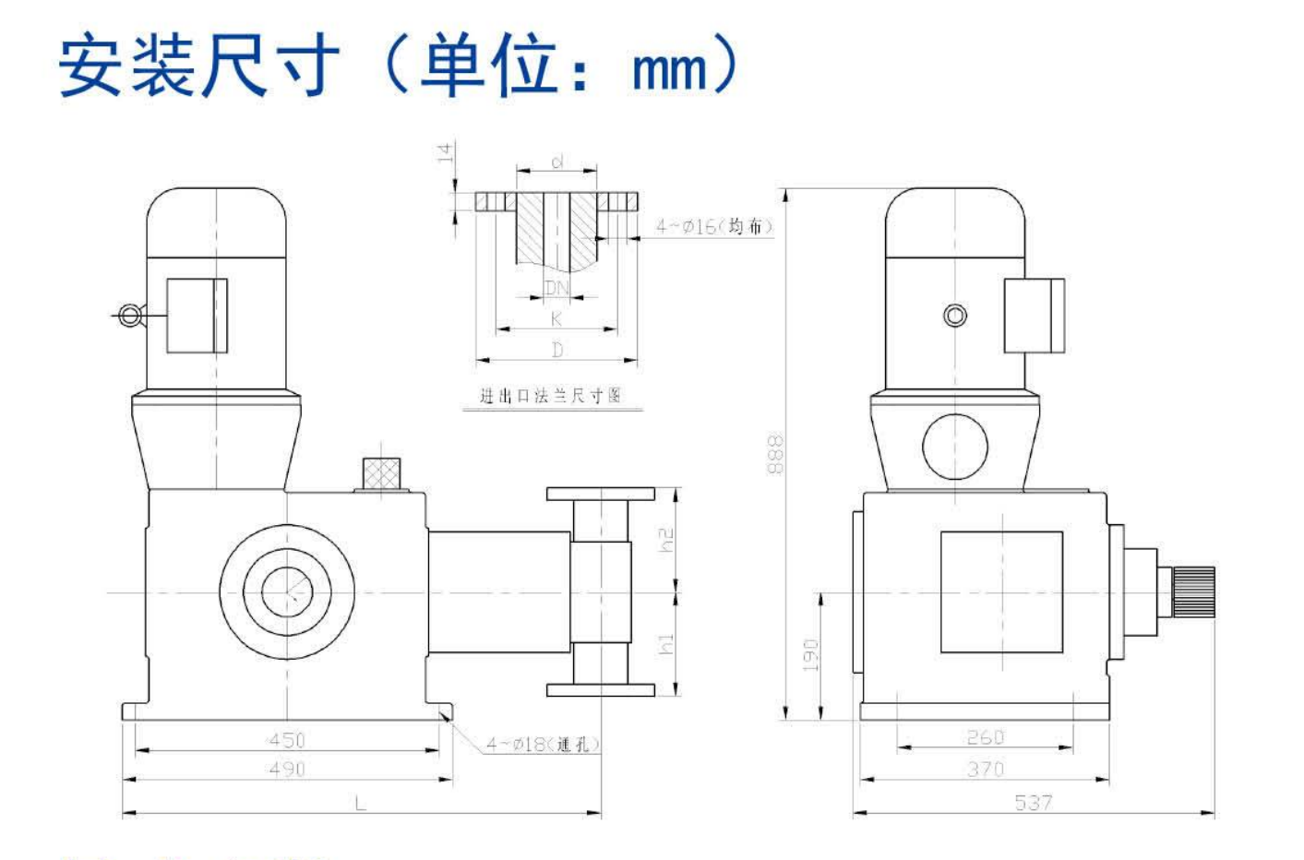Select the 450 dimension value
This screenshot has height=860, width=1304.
click(286, 740)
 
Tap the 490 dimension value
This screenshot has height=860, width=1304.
click(286, 769)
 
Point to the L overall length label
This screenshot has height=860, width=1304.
click(360, 804)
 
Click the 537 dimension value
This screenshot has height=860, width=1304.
click(1033, 802)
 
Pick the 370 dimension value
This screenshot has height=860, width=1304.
click(985, 769)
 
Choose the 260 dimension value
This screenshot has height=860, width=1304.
click(985, 737)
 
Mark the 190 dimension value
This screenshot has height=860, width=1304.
click(810, 654)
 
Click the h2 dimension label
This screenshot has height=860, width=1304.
click(666, 540)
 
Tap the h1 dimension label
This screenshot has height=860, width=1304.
click(666, 644)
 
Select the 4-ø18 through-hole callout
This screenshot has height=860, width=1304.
click(543, 744)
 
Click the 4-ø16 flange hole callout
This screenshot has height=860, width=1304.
click(713, 226)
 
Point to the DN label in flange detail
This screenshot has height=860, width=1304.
click(556, 288)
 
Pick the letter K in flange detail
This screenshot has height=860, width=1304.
click(556, 319)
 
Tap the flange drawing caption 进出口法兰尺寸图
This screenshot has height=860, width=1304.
click(550, 396)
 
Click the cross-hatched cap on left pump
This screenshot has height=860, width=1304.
click(382, 474)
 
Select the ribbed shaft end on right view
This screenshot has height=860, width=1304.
click(1193, 591)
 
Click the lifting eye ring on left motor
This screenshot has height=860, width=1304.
click(128, 317)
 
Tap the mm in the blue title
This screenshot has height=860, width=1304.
click(669, 70)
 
